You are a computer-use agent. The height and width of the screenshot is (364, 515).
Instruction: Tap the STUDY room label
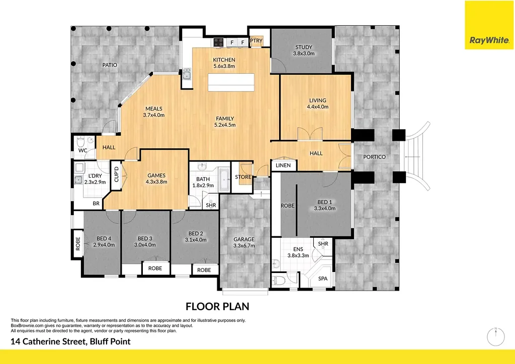[x=304, y=48]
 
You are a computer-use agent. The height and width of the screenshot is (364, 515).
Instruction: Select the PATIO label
[x=110, y=65]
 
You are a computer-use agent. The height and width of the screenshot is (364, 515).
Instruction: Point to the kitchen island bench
[x=231, y=81]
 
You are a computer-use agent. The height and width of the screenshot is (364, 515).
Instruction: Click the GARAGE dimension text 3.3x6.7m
[x=244, y=246]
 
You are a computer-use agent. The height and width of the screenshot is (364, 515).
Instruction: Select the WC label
[x=83, y=150]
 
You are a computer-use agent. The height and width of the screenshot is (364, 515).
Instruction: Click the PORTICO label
[x=375, y=157]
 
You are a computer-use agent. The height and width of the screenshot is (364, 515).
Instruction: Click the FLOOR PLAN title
[x=217, y=306]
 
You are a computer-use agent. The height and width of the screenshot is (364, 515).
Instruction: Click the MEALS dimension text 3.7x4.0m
[x=154, y=115]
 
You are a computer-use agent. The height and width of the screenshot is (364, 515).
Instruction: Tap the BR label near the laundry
[x=96, y=204]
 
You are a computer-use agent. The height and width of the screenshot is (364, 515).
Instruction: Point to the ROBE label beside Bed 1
[x=287, y=206]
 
